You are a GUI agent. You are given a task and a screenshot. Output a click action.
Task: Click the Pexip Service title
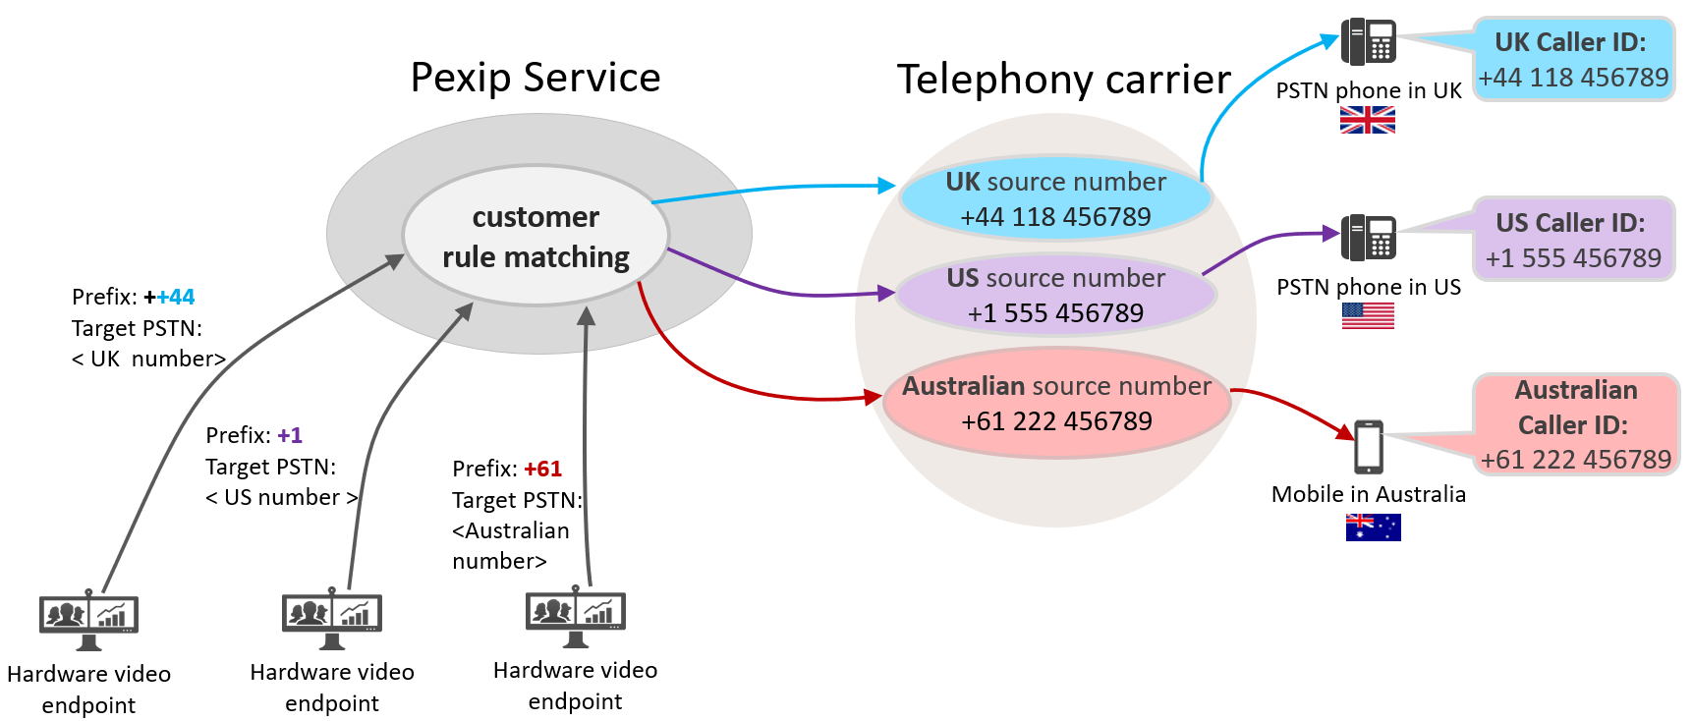536,78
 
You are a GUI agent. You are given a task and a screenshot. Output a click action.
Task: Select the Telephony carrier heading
1063,80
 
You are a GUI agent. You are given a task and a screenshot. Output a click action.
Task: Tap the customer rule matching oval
536,236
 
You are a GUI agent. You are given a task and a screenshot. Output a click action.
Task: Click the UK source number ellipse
1055,198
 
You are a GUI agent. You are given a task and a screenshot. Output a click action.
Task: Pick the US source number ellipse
1055,295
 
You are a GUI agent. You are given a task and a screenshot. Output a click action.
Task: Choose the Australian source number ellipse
1056,403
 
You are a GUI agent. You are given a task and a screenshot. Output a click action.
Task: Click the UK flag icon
1367,120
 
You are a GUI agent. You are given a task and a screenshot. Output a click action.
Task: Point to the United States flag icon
1368,315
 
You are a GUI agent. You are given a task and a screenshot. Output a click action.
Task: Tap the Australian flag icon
1373,527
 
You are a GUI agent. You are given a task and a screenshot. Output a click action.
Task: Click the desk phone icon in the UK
1368,41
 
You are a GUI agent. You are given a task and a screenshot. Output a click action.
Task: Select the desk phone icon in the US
1368,237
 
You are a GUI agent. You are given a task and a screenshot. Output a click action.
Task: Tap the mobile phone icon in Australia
1369,447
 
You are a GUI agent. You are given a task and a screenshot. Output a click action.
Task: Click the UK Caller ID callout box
1573,59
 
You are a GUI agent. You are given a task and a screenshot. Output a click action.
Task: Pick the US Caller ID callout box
1573,240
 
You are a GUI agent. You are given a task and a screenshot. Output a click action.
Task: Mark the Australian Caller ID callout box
1575,424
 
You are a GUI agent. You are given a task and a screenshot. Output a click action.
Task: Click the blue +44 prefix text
175,297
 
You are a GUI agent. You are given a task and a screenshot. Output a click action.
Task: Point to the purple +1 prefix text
290,435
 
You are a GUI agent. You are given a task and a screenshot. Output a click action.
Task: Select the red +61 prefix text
542,469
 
